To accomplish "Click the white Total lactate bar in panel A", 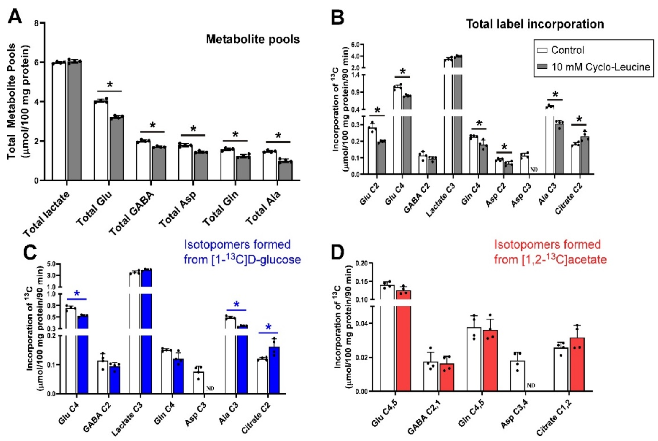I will [59, 122].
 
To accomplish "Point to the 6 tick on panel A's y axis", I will [37, 62].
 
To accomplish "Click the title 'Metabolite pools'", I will [252, 40].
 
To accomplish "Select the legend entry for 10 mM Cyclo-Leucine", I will [594, 67].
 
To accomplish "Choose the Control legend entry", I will [561, 50].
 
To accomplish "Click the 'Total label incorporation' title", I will [534, 24].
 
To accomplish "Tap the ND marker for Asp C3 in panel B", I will [534, 169].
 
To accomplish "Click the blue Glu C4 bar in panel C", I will [83, 354].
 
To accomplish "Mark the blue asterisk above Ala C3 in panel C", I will [236, 304].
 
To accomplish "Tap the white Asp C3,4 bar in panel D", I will [518, 376].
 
